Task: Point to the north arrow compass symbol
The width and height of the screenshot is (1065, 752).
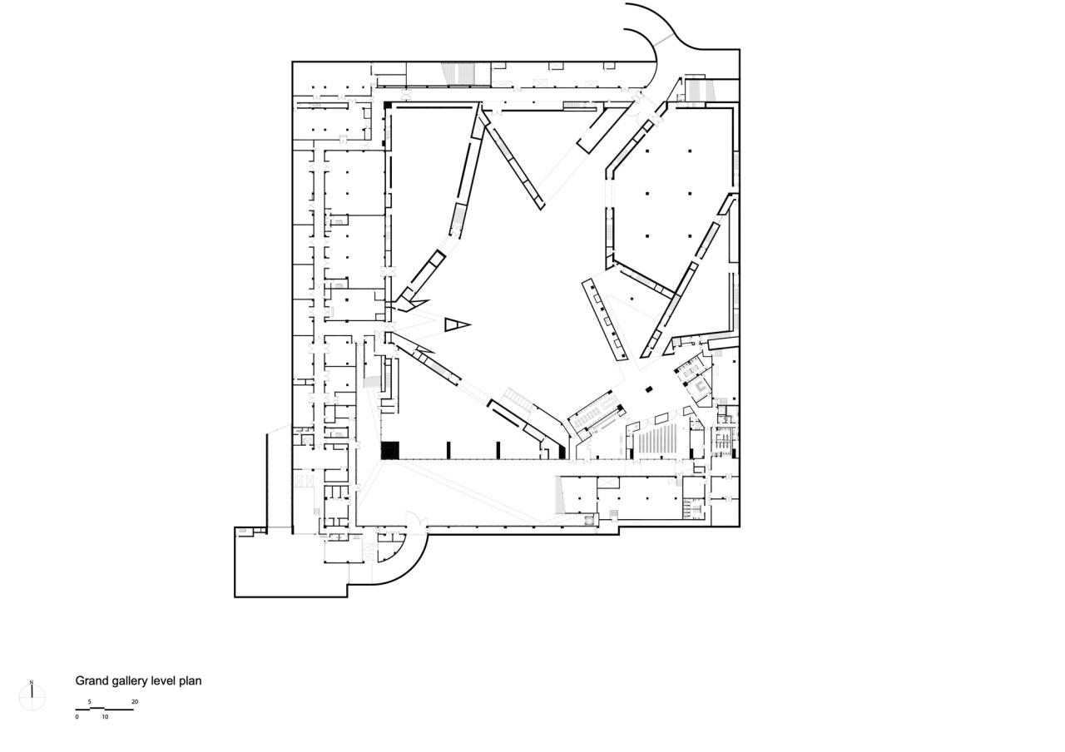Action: (32, 697)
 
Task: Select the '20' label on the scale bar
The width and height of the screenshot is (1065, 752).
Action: (135, 702)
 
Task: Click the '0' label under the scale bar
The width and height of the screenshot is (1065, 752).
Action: (77, 717)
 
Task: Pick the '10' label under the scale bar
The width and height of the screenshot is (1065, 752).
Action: (105, 717)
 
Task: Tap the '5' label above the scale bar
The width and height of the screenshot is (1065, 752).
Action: (90, 702)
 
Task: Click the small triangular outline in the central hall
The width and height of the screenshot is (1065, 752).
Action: (455, 324)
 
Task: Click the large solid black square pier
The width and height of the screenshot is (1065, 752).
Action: (390, 450)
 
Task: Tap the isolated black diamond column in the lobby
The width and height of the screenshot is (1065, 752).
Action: (648, 388)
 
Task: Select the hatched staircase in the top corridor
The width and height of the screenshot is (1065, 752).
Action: (456, 74)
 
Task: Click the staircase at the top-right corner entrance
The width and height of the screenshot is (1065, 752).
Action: (697, 87)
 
